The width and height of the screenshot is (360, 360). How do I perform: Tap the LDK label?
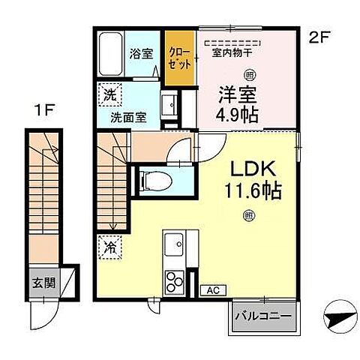tap(249, 169)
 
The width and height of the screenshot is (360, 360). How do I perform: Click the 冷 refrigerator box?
tap(108, 245)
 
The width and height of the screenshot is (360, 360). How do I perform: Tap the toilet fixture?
tap(152, 179)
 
